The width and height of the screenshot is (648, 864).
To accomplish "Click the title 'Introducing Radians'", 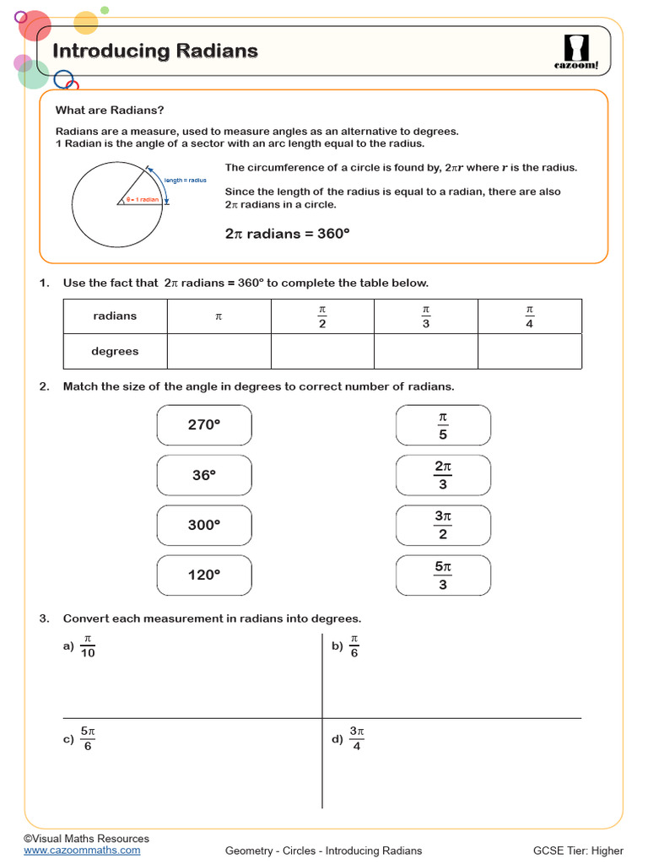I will pos(155,51).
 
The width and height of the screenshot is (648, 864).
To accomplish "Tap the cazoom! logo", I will pos(576,50).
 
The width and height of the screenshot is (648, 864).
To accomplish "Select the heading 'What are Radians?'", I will pos(110,111).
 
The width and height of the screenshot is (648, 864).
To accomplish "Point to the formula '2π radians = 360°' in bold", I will pos(287,234).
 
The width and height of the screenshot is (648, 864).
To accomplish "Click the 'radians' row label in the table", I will pos(115,316).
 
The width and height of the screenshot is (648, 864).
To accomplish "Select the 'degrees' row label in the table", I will pos(115,352).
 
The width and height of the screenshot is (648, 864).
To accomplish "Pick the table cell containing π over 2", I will pos(322,316).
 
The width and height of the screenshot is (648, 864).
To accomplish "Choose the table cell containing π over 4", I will pos(529,316).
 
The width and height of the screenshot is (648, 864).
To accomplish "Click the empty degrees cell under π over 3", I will pos(425,352).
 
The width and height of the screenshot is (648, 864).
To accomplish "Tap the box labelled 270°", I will pos(204,425).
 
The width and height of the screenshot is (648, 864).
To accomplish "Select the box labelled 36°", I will pos(204,475).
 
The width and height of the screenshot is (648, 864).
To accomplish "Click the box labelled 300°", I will pos(204,525).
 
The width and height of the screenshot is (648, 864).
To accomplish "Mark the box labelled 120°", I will pos(204,575).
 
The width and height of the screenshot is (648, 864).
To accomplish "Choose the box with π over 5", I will pos(443,425).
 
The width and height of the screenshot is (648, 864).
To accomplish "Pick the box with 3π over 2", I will pos(443,525).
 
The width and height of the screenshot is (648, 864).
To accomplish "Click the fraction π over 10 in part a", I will pos(88,646).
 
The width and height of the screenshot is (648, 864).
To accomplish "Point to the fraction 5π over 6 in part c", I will pos(88,739).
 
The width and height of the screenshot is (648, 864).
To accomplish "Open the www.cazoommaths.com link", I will pos(82,850).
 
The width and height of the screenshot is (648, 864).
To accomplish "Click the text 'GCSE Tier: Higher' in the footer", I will pos(578,850).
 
